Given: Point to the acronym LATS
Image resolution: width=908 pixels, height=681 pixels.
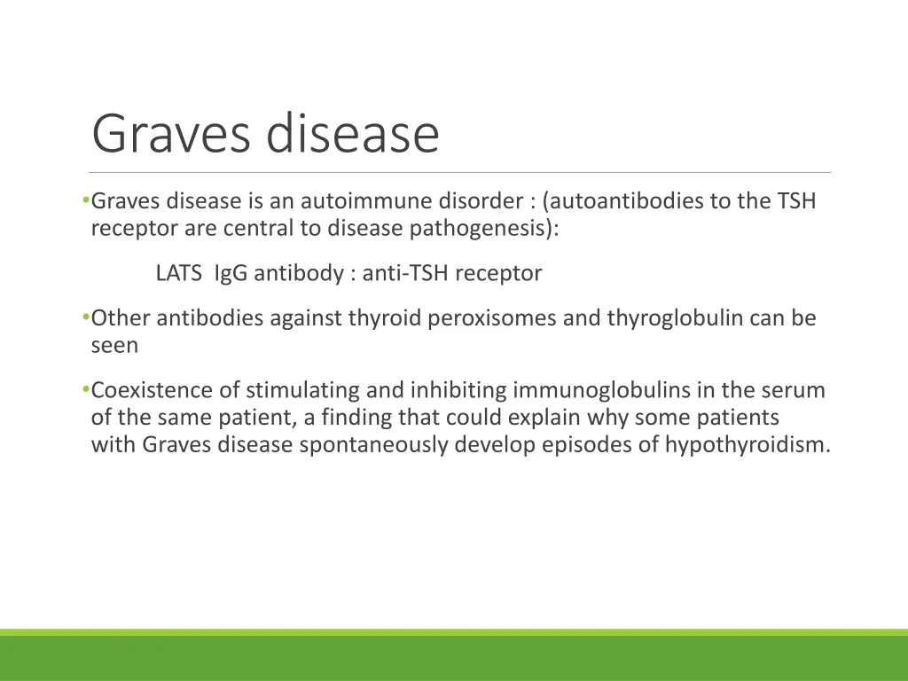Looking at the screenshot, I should tap(179, 274).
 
